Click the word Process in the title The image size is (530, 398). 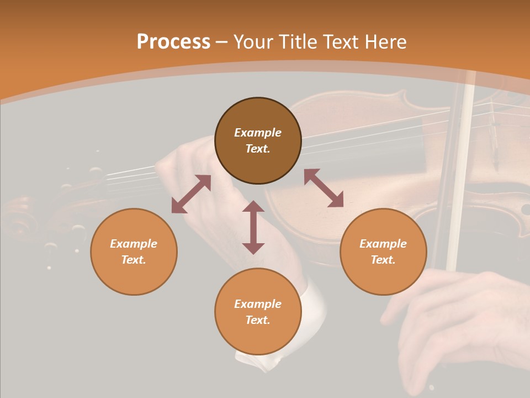click(173, 42)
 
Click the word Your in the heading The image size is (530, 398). click(253, 42)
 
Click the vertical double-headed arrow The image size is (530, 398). click(253, 227)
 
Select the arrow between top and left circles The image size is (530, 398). click(191, 194)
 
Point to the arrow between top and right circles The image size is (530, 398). click(324, 188)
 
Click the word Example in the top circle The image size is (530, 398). click(258, 133)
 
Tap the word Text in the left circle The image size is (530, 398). click(134, 260)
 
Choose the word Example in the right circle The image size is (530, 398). click(383, 244)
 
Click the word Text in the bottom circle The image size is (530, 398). click(258, 320)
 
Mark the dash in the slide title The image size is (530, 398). click(221, 43)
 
